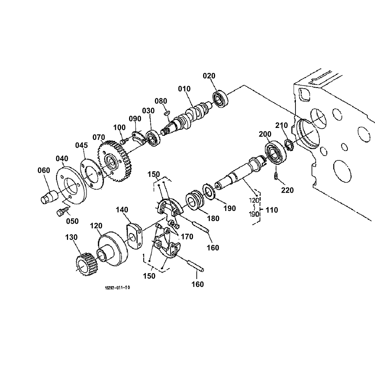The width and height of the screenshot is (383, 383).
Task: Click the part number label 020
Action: tap(209, 76)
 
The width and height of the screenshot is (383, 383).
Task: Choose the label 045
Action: tap(82, 145)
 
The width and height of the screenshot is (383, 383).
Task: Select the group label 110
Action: tap(272, 210)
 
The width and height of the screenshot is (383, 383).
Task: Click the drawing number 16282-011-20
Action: tap(117, 288)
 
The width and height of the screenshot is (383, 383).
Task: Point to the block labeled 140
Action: tap(134, 236)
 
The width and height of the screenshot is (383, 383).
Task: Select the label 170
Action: tap(187, 236)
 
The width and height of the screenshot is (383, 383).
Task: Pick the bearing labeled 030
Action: tap(153, 138)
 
